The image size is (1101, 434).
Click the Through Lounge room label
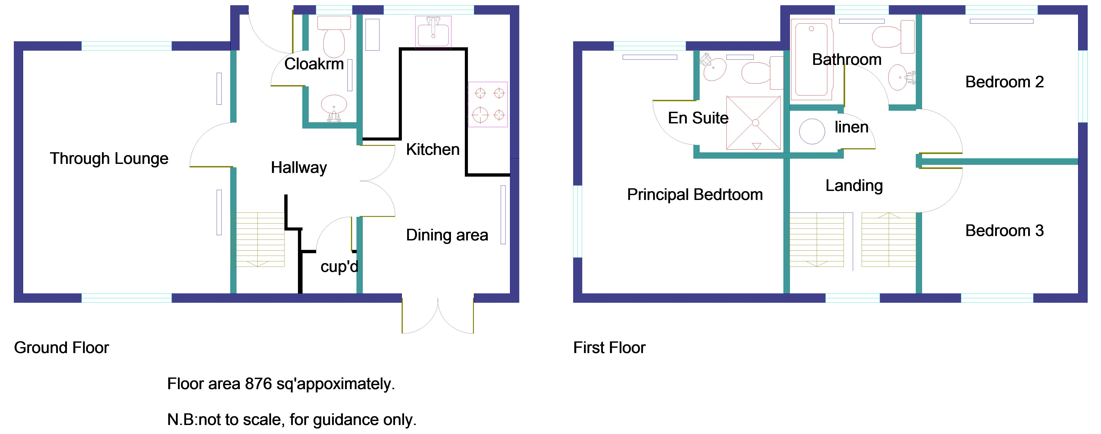tap(109, 158)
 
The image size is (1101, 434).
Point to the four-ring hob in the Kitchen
tap(488, 104)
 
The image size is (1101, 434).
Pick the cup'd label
tap(339, 267)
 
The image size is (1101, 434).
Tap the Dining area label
tap(447, 235)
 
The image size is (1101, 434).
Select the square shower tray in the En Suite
tap(754, 123)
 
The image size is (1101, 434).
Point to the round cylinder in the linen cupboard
tap(812, 131)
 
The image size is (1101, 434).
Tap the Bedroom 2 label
tap(1004, 82)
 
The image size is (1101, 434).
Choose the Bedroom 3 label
tap(1004, 231)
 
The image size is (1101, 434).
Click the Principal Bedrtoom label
tap(695, 194)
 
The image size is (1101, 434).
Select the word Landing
tap(853, 185)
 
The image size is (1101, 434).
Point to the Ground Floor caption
tap(61, 347)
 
